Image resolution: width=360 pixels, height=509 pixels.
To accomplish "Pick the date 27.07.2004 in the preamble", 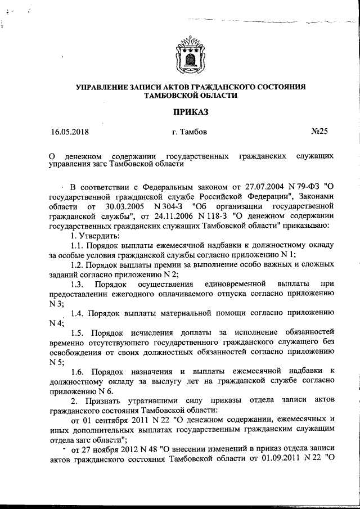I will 245,186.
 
